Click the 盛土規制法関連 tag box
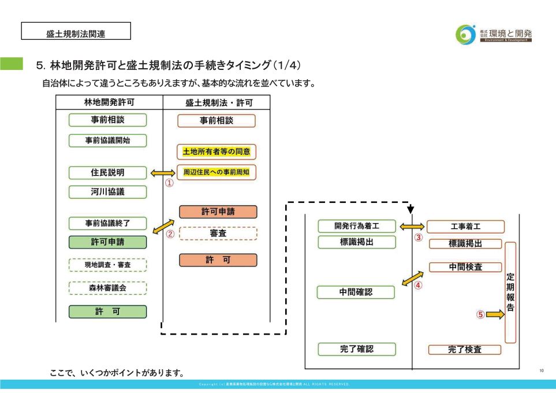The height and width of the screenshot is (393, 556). click(x=76, y=31)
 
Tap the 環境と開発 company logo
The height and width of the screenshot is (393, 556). click(x=493, y=34)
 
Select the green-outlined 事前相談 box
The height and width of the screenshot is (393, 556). click(x=107, y=120)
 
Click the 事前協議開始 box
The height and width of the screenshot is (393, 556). click(x=107, y=140)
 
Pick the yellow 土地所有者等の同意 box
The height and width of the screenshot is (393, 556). click(x=216, y=152)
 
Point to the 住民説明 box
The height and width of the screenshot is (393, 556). click(x=107, y=172)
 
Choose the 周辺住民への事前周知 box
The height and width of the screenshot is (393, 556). click(x=216, y=172)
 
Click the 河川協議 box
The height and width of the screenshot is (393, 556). click(x=107, y=192)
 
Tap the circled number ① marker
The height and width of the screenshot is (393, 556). click(x=170, y=183)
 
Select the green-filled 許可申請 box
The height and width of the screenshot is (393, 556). click(x=107, y=242)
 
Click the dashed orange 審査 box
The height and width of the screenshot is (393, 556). click(x=218, y=233)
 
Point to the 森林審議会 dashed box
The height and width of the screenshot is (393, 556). click(x=107, y=287)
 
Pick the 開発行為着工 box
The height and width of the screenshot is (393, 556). click(x=356, y=226)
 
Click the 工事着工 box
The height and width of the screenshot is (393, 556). click(x=465, y=227)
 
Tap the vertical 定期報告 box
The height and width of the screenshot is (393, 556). click(x=510, y=292)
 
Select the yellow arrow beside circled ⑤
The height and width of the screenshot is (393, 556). click(x=495, y=314)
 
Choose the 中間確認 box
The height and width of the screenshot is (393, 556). click(x=356, y=292)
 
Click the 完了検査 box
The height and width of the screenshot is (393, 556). click(x=465, y=350)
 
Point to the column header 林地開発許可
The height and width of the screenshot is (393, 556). click(x=109, y=102)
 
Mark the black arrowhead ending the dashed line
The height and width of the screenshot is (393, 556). click(x=411, y=209)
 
